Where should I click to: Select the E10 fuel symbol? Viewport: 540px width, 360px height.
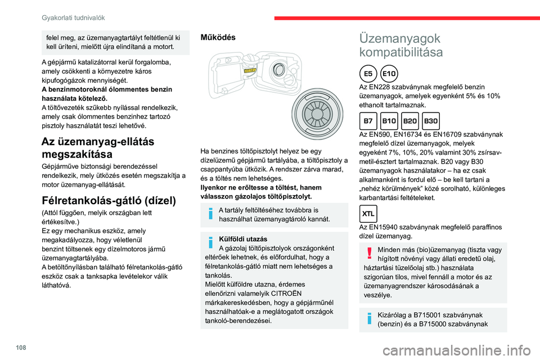pyautogui.click(x=389, y=73)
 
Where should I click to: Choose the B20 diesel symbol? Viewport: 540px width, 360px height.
pyautogui.click(x=410, y=120)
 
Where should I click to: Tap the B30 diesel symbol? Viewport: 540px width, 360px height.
pyautogui.click(x=431, y=120)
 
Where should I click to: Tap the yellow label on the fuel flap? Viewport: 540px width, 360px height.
pyautogui.click(x=250, y=70)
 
